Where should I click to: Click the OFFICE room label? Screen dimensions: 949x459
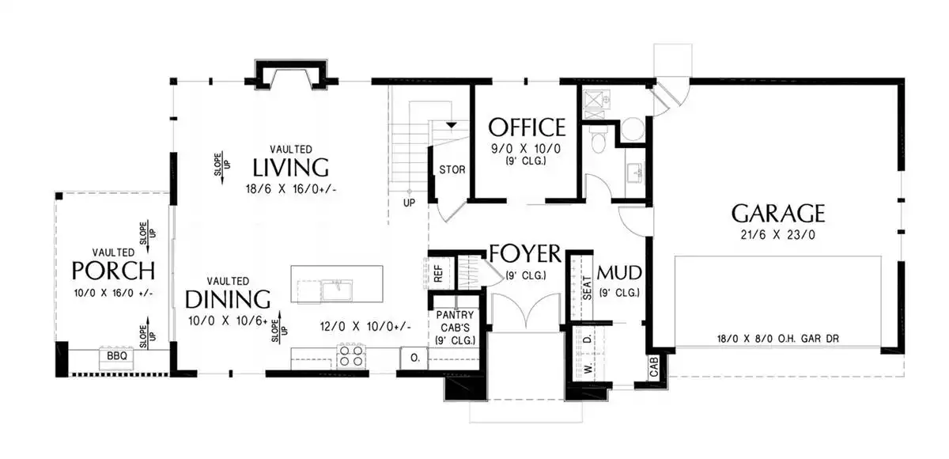pos(527,127)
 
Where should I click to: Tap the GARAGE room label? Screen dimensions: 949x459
pos(778,213)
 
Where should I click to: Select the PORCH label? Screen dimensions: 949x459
pos(113,271)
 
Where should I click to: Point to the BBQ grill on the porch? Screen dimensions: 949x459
pos(116,358)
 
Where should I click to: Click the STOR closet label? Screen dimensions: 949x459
pos(452,170)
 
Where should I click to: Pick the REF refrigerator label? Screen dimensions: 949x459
pos(438,274)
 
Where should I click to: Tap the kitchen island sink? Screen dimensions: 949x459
pos(337,290)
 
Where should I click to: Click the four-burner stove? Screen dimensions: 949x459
pos(351,355)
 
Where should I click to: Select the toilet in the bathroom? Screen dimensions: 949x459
pos(599,141)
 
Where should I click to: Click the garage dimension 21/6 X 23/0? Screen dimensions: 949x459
pos(778,235)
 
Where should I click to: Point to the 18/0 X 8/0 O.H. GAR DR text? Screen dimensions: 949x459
pos(778,339)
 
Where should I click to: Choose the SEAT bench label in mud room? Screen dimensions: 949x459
pos(587,288)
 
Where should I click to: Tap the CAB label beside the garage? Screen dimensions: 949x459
pos(654,367)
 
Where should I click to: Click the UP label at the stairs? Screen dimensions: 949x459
pos(409,203)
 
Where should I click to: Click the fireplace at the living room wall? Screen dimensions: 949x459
pos(291,74)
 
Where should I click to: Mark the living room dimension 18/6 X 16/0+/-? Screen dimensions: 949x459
pos(291,189)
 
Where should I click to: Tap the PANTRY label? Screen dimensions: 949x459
pos(455,315)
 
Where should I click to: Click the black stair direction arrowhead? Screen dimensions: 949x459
pos(452,125)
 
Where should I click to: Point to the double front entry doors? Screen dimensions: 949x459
pos(525,312)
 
